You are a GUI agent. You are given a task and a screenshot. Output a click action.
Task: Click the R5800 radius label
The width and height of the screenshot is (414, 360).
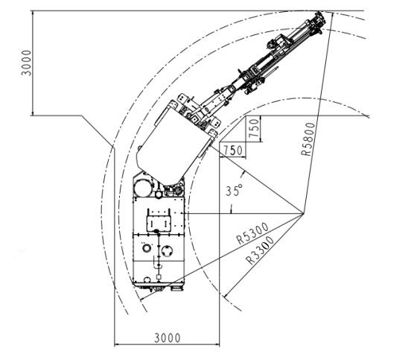coord(308,139)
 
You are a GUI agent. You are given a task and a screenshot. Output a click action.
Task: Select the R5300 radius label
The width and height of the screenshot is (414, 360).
coord(252,233)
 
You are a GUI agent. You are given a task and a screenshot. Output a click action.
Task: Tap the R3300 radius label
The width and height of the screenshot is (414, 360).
coord(260,250)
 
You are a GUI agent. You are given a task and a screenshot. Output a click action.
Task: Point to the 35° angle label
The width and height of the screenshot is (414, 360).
coord(234,190)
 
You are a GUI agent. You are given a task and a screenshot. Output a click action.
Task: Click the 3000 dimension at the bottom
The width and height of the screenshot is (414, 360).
coord(168,338)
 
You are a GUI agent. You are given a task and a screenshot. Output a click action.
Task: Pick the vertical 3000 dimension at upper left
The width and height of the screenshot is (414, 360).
coord(26,63)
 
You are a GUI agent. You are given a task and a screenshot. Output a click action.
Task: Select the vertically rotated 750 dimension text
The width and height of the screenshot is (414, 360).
coord(254,128)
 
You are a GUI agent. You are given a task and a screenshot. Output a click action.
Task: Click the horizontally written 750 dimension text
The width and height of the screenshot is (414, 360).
coord(233,151)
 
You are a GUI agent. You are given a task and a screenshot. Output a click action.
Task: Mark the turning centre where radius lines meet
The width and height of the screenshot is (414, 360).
coord(304,213)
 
